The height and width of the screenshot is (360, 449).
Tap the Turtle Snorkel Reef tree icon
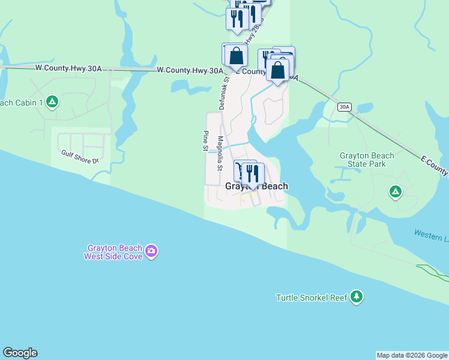[x=357, y=296]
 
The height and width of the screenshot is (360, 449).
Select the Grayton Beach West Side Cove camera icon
[x=151, y=251]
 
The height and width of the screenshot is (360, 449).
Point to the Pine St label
[x=205, y=140]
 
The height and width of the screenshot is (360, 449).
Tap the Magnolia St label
[x=220, y=153]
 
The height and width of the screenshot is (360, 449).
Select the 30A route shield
[x=343, y=107]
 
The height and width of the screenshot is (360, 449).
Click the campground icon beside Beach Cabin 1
[x=52, y=102]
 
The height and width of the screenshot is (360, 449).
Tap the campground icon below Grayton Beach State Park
[x=395, y=191]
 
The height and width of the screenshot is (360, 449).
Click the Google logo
[x=20, y=353]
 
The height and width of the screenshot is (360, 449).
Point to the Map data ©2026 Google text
[x=412, y=355]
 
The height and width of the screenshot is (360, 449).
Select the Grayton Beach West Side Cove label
[x=114, y=252]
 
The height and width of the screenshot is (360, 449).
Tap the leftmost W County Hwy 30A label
[x=68, y=68]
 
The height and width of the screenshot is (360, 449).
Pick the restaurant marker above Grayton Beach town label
[x=252, y=174]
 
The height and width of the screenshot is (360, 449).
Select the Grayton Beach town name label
[x=256, y=187]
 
